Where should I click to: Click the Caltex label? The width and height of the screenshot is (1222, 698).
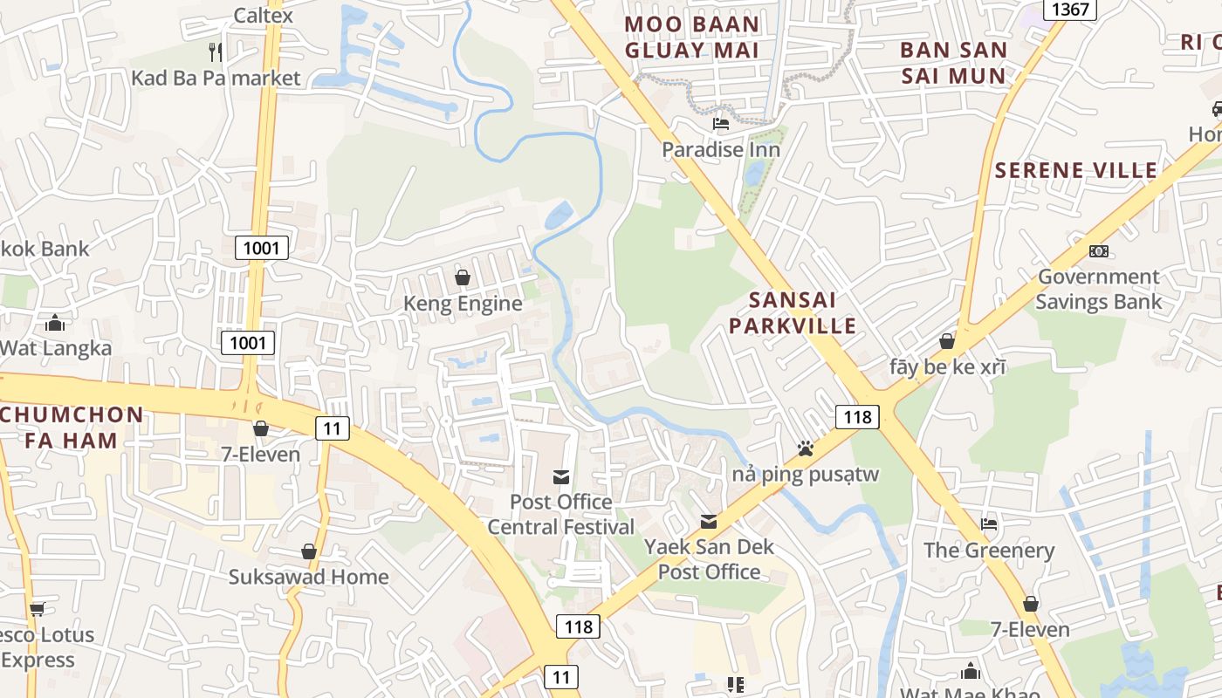pyautogui.click(x=264, y=15)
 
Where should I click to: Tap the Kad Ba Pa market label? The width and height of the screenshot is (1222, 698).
pyautogui.click(x=216, y=78)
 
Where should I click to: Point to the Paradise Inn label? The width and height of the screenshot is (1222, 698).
pyautogui.click(x=721, y=149)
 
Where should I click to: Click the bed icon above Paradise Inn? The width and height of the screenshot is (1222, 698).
pyautogui.click(x=721, y=123)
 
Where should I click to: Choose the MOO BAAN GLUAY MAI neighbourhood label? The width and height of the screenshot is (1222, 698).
pyautogui.click(x=692, y=37)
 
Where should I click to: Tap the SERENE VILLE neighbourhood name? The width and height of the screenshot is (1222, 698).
pyautogui.click(x=1076, y=170)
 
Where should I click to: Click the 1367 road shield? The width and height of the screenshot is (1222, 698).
pyautogui.click(x=1070, y=10)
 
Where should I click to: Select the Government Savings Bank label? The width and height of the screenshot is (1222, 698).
pyautogui.click(x=1098, y=290)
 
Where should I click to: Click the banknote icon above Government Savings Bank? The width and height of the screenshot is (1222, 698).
pyautogui.click(x=1099, y=251)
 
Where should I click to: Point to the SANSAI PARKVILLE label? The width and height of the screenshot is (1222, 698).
pyautogui.click(x=793, y=313)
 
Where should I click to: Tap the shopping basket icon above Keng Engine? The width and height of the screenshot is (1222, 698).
pyautogui.click(x=463, y=277)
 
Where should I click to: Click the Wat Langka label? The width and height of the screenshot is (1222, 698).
pyautogui.click(x=56, y=348)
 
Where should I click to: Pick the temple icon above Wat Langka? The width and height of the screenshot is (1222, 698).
pyautogui.click(x=55, y=323)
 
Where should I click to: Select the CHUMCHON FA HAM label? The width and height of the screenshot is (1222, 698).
pyautogui.click(x=72, y=428)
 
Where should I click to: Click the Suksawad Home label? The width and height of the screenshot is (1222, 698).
pyautogui.click(x=309, y=577)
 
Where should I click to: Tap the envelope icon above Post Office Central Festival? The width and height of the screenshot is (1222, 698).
pyautogui.click(x=561, y=476)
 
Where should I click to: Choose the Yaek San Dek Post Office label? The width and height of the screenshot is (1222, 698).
pyautogui.click(x=709, y=559)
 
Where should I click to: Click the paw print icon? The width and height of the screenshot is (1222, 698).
pyautogui.click(x=805, y=448)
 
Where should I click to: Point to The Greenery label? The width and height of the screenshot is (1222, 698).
pyautogui.click(x=989, y=551)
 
